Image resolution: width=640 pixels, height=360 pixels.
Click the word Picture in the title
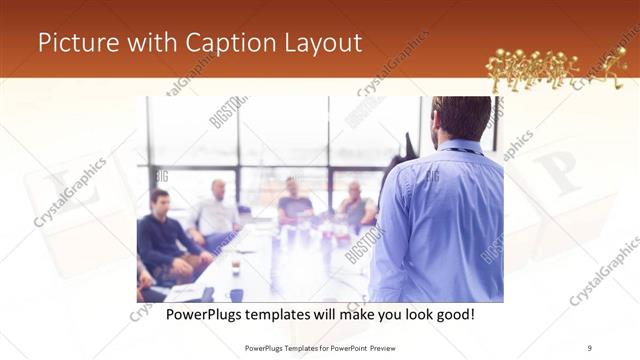coord(76,44)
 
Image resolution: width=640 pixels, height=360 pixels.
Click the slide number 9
coord(590,348)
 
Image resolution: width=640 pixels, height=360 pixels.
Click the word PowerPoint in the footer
coord(346,348)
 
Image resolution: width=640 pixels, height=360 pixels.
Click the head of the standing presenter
coord(461,118)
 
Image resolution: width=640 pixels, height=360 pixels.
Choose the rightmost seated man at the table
coord(355,205)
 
